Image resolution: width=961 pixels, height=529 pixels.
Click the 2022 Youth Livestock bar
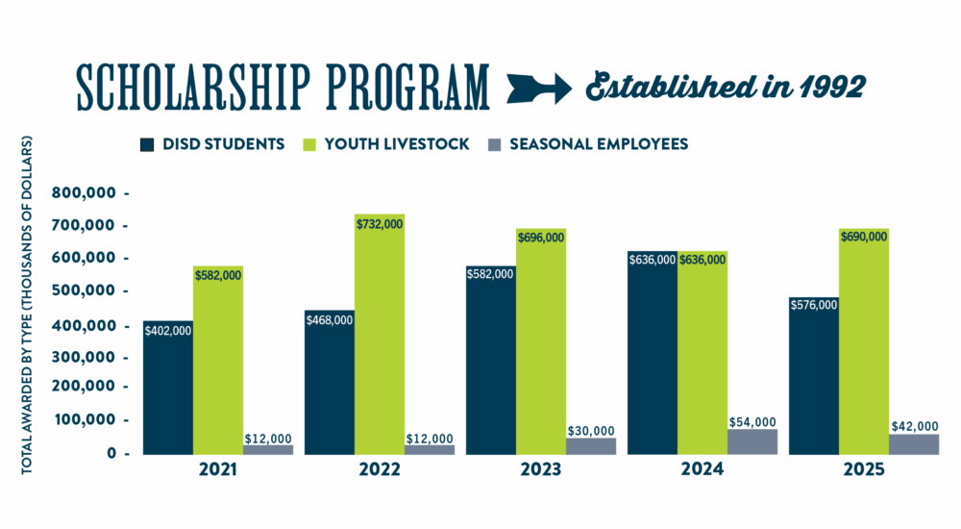[380, 346]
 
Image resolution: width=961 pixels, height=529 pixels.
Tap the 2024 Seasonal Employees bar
[752, 441]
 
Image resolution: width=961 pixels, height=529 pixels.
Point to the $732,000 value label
[380, 223]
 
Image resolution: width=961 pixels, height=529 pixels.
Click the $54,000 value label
[752, 422]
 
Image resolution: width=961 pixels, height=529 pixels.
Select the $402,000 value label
[168, 331]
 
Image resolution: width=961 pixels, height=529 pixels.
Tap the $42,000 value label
[914, 426]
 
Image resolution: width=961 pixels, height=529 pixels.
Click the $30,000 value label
[590, 431]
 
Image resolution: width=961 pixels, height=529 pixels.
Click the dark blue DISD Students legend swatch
[147, 144]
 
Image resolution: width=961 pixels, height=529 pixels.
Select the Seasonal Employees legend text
[599, 144]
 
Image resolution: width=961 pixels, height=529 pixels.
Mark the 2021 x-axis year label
[219, 471]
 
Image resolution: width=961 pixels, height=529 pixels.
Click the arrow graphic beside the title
[539, 88]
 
